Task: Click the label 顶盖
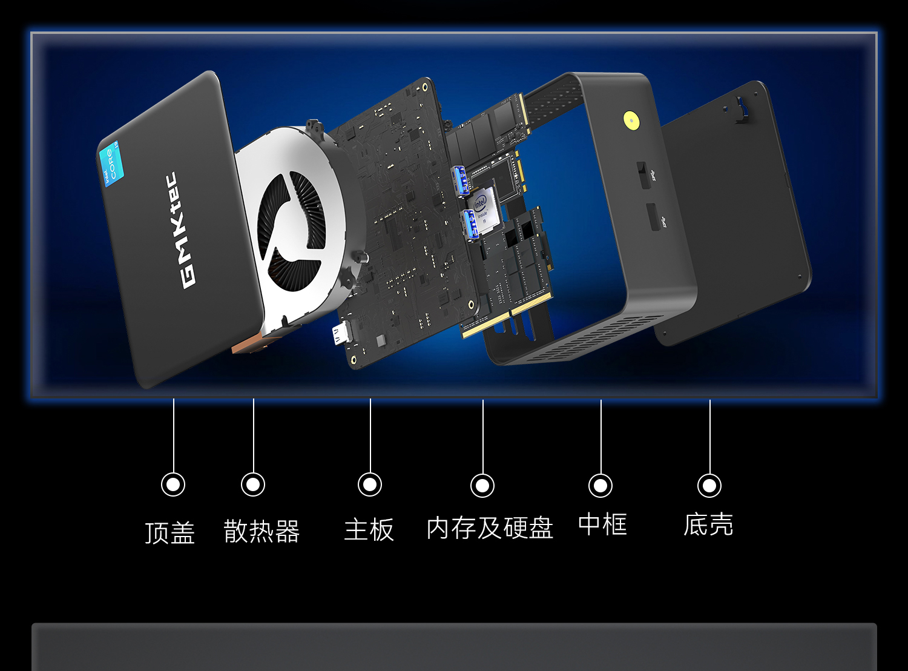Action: [x=170, y=532]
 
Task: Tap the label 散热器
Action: [x=262, y=531]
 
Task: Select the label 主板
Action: [x=369, y=530]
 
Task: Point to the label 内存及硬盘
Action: [x=490, y=527]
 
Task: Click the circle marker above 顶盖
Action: [x=173, y=484]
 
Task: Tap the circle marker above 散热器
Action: [x=253, y=484]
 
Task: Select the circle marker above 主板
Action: [x=370, y=484]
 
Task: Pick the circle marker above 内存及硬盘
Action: [x=482, y=486]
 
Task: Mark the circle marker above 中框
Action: [x=600, y=486]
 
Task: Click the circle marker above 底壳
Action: [x=709, y=486]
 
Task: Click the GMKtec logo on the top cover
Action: [x=180, y=230]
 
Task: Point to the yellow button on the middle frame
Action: [x=632, y=121]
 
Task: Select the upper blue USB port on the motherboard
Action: [x=461, y=180]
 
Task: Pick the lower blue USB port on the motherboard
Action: [x=470, y=223]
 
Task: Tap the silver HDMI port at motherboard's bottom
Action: [x=342, y=332]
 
